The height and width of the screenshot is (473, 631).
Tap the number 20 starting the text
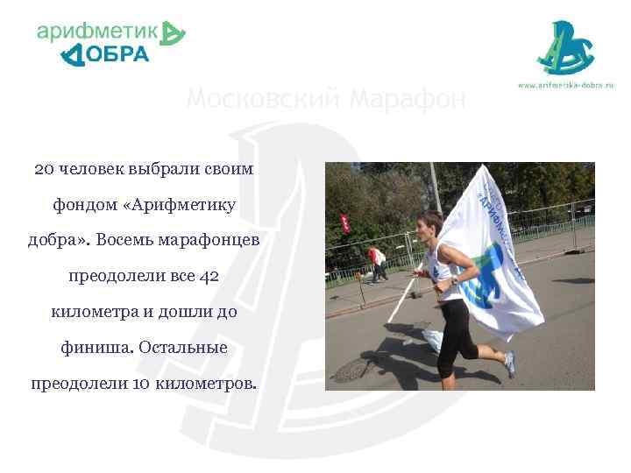click(x=44, y=168)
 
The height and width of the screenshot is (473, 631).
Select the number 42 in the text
click(x=209, y=276)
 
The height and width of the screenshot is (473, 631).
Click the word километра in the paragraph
click(x=93, y=312)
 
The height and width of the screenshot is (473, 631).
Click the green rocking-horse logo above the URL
click(x=565, y=48)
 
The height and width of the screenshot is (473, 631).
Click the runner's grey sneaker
click(x=509, y=363)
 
